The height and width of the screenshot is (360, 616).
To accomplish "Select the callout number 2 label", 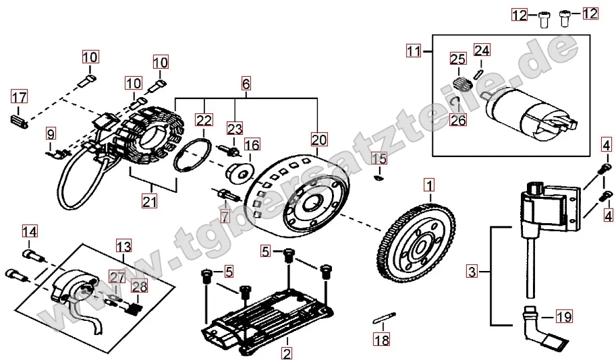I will click(287, 352).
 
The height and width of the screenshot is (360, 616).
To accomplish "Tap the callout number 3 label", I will click(472, 272).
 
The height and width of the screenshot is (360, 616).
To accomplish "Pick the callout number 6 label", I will click(246, 84).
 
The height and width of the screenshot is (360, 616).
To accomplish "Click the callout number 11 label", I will click(413, 50).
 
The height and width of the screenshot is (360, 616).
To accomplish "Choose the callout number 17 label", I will click(19, 98).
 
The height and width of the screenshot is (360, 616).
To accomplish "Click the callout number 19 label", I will click(565, 316).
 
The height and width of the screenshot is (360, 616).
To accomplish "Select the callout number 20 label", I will click(318, 140).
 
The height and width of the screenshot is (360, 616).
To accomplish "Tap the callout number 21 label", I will click(150, 200).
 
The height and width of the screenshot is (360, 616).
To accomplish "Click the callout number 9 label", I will click(51, 134).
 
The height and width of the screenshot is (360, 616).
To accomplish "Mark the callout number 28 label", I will click(138, 287).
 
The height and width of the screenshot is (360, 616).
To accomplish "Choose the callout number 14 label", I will click(29, 233).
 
